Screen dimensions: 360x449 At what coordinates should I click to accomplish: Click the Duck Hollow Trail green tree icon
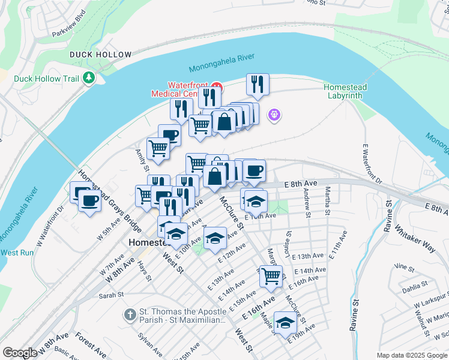[x=89, y=78]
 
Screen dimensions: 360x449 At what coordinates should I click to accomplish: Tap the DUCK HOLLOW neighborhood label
[x=100, y=55]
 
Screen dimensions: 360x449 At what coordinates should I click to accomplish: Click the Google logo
[x=20, y=353]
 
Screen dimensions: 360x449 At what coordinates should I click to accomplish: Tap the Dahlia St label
[x=415, y=285]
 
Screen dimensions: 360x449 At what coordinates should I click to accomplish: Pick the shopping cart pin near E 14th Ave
[x=271, y=275]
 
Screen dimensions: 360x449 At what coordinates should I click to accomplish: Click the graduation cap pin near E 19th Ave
[x=285, y=322]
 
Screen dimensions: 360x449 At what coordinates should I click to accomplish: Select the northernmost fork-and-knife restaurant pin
[x=258, y=84]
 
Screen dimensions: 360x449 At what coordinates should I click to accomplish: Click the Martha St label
[x=327, y=199]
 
